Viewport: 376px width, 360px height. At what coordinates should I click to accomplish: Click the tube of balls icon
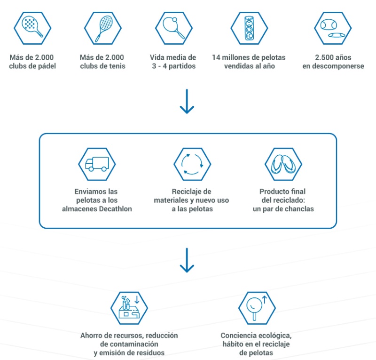249,28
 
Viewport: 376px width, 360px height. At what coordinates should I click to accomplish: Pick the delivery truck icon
97,164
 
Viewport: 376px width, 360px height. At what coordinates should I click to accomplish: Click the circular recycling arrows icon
192,164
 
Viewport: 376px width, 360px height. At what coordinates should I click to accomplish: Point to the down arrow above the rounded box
187,101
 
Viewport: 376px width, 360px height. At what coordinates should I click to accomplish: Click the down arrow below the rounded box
187,260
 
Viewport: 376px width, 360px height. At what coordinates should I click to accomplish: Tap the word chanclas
300,209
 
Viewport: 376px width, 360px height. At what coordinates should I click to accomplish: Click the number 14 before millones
216,57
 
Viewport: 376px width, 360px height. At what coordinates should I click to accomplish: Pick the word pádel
47,66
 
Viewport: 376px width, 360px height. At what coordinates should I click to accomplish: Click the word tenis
117,66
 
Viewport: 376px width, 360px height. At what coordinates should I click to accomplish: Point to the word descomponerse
340,66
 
